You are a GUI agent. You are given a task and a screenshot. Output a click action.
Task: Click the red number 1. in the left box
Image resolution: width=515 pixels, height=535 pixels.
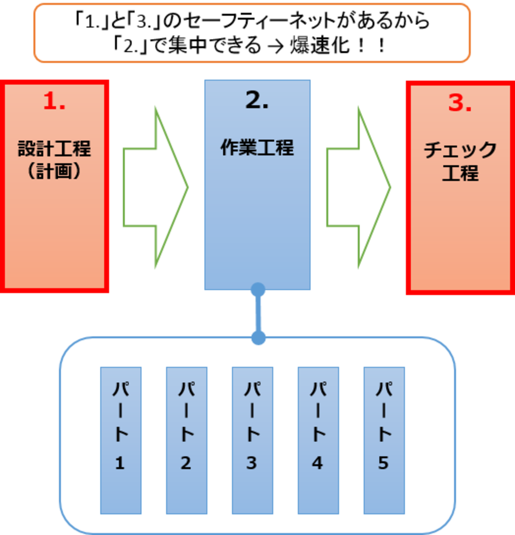54,101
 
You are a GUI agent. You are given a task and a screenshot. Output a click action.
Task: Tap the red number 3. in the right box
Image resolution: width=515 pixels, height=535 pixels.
460,103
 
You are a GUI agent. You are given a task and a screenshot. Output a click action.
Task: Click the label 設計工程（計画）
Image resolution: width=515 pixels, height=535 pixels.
55,160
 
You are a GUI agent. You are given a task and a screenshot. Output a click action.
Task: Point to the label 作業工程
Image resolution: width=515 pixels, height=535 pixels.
257,148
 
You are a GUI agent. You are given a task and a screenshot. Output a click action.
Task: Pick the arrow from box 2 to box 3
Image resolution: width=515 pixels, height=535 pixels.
359,187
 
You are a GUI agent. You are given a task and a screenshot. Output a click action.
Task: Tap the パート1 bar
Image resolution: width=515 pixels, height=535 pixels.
121,440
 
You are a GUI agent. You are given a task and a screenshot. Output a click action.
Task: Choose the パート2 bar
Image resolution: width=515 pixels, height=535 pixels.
187,440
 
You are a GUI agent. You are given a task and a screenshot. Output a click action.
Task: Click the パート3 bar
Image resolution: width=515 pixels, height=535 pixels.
252,440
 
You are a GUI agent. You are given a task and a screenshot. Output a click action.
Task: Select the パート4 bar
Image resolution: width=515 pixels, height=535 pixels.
318,440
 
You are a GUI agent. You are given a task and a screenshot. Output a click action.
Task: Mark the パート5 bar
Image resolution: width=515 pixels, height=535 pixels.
384,440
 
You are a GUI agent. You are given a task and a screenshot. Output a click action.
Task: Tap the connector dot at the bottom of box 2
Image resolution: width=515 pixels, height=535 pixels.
258,290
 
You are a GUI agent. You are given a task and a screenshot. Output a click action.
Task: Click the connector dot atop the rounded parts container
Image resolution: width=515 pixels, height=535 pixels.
258,337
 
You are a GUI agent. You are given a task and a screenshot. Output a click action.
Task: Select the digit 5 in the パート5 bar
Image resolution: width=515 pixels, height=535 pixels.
383,463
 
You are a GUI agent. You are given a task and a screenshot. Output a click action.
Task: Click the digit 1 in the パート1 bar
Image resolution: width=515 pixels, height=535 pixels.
120,463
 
